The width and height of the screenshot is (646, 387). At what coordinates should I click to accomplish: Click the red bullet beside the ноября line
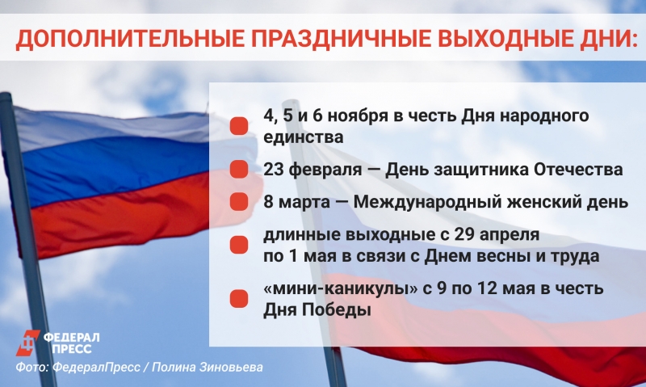[x=238, y=126]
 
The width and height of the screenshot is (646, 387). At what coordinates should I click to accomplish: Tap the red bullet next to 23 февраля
[x=238, y=170]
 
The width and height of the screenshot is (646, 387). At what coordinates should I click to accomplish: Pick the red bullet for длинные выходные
[x=238, y=246]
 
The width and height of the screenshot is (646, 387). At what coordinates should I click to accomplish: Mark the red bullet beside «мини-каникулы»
[x=238, y=299]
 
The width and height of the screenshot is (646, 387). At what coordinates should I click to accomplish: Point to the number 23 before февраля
[x=275, y=170]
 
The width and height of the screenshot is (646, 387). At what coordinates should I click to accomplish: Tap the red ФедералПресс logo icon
[x=27, y=342]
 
